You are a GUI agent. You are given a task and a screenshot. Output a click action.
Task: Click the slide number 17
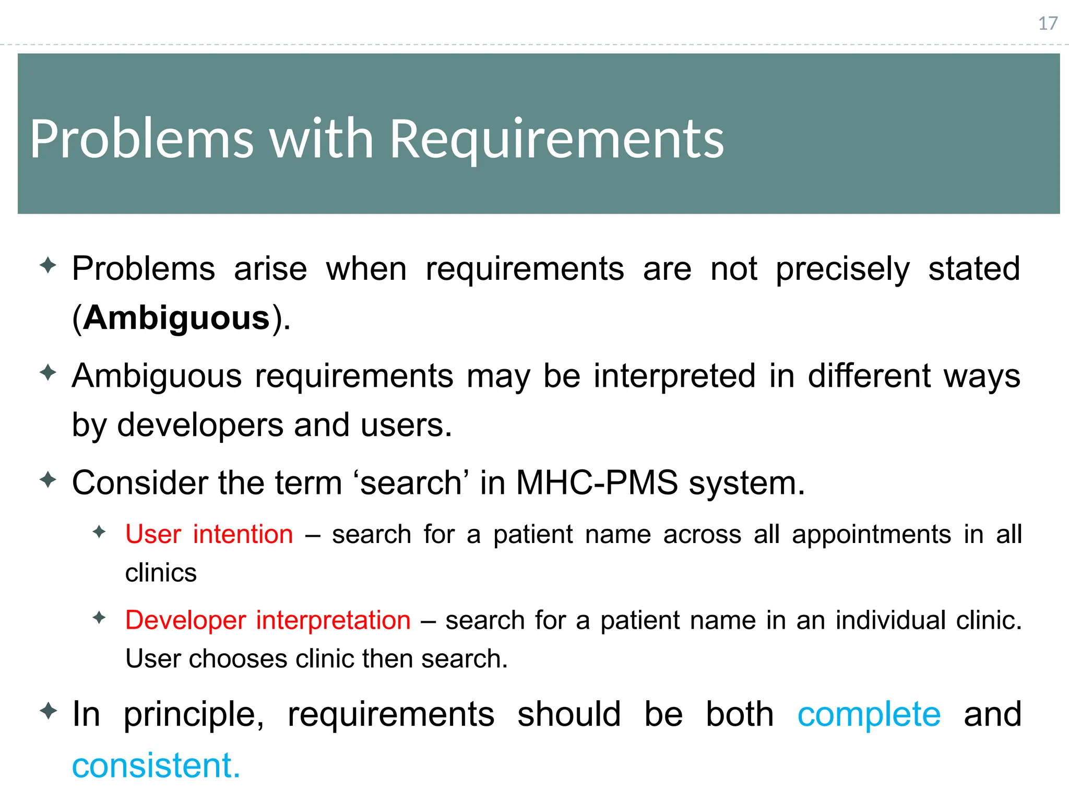coord(1047,23)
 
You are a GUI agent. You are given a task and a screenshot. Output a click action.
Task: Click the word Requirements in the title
coord(557,139)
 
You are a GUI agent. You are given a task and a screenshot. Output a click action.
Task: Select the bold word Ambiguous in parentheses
coord(176,318)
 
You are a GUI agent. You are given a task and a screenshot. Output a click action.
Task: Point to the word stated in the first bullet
coord(973,269)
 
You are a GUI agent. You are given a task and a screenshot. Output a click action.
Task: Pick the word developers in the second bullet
coord(199,425)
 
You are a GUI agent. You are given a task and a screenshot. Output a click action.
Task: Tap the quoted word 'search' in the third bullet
coord(411,482)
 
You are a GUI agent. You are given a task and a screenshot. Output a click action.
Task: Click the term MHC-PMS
coord(597,482)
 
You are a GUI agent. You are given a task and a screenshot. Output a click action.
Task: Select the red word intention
coord(243,535)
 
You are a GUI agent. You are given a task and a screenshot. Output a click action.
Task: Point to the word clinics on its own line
coord(161,573)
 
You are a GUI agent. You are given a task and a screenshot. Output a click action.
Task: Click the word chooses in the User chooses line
coord(237,659)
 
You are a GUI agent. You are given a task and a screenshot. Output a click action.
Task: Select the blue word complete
coord(869,715)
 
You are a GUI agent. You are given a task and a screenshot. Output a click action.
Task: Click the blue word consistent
coord(156,766)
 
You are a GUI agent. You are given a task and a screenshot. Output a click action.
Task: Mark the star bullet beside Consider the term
coord(48,479)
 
